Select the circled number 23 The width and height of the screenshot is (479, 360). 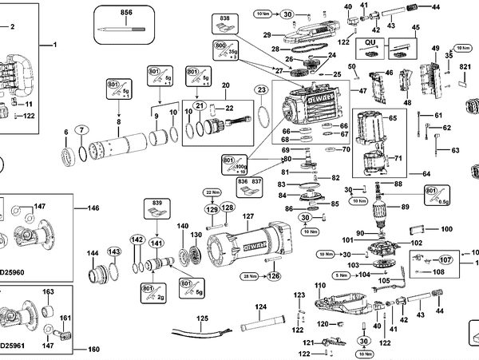click(261, 91)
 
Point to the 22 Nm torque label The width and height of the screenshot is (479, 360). click(212, 193)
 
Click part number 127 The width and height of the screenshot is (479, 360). click(247, 216)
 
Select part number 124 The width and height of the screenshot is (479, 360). click(260, 307)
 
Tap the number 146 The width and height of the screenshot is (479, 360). click(93, 208)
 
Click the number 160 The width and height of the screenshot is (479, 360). click(93, 349)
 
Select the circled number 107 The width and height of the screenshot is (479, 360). click(445, 259)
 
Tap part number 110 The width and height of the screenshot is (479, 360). click(321, 286)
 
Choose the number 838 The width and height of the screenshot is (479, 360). click(226, 18)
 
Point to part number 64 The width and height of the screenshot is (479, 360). click(427, 173)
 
